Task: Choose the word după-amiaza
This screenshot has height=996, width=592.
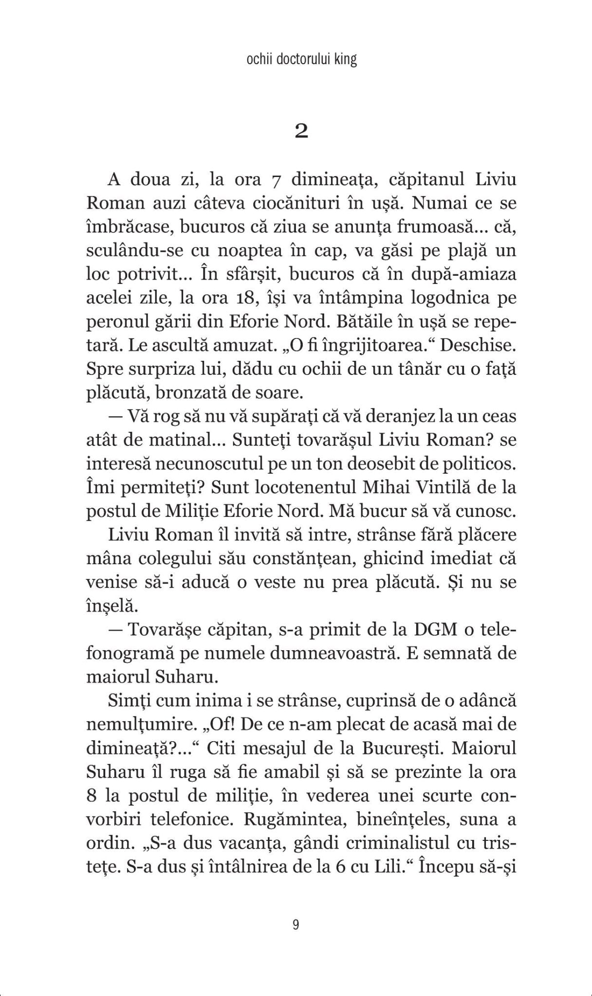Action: (460, 275)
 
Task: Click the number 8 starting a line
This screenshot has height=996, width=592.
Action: (92, 796)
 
